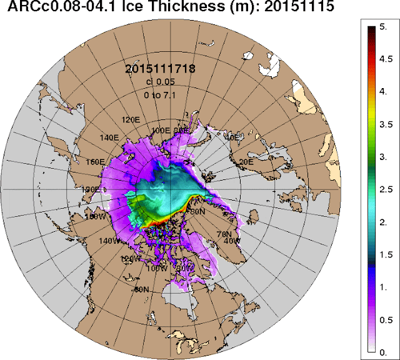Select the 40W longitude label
click(x=231, y=241)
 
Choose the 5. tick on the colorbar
click(x=385, y=27)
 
